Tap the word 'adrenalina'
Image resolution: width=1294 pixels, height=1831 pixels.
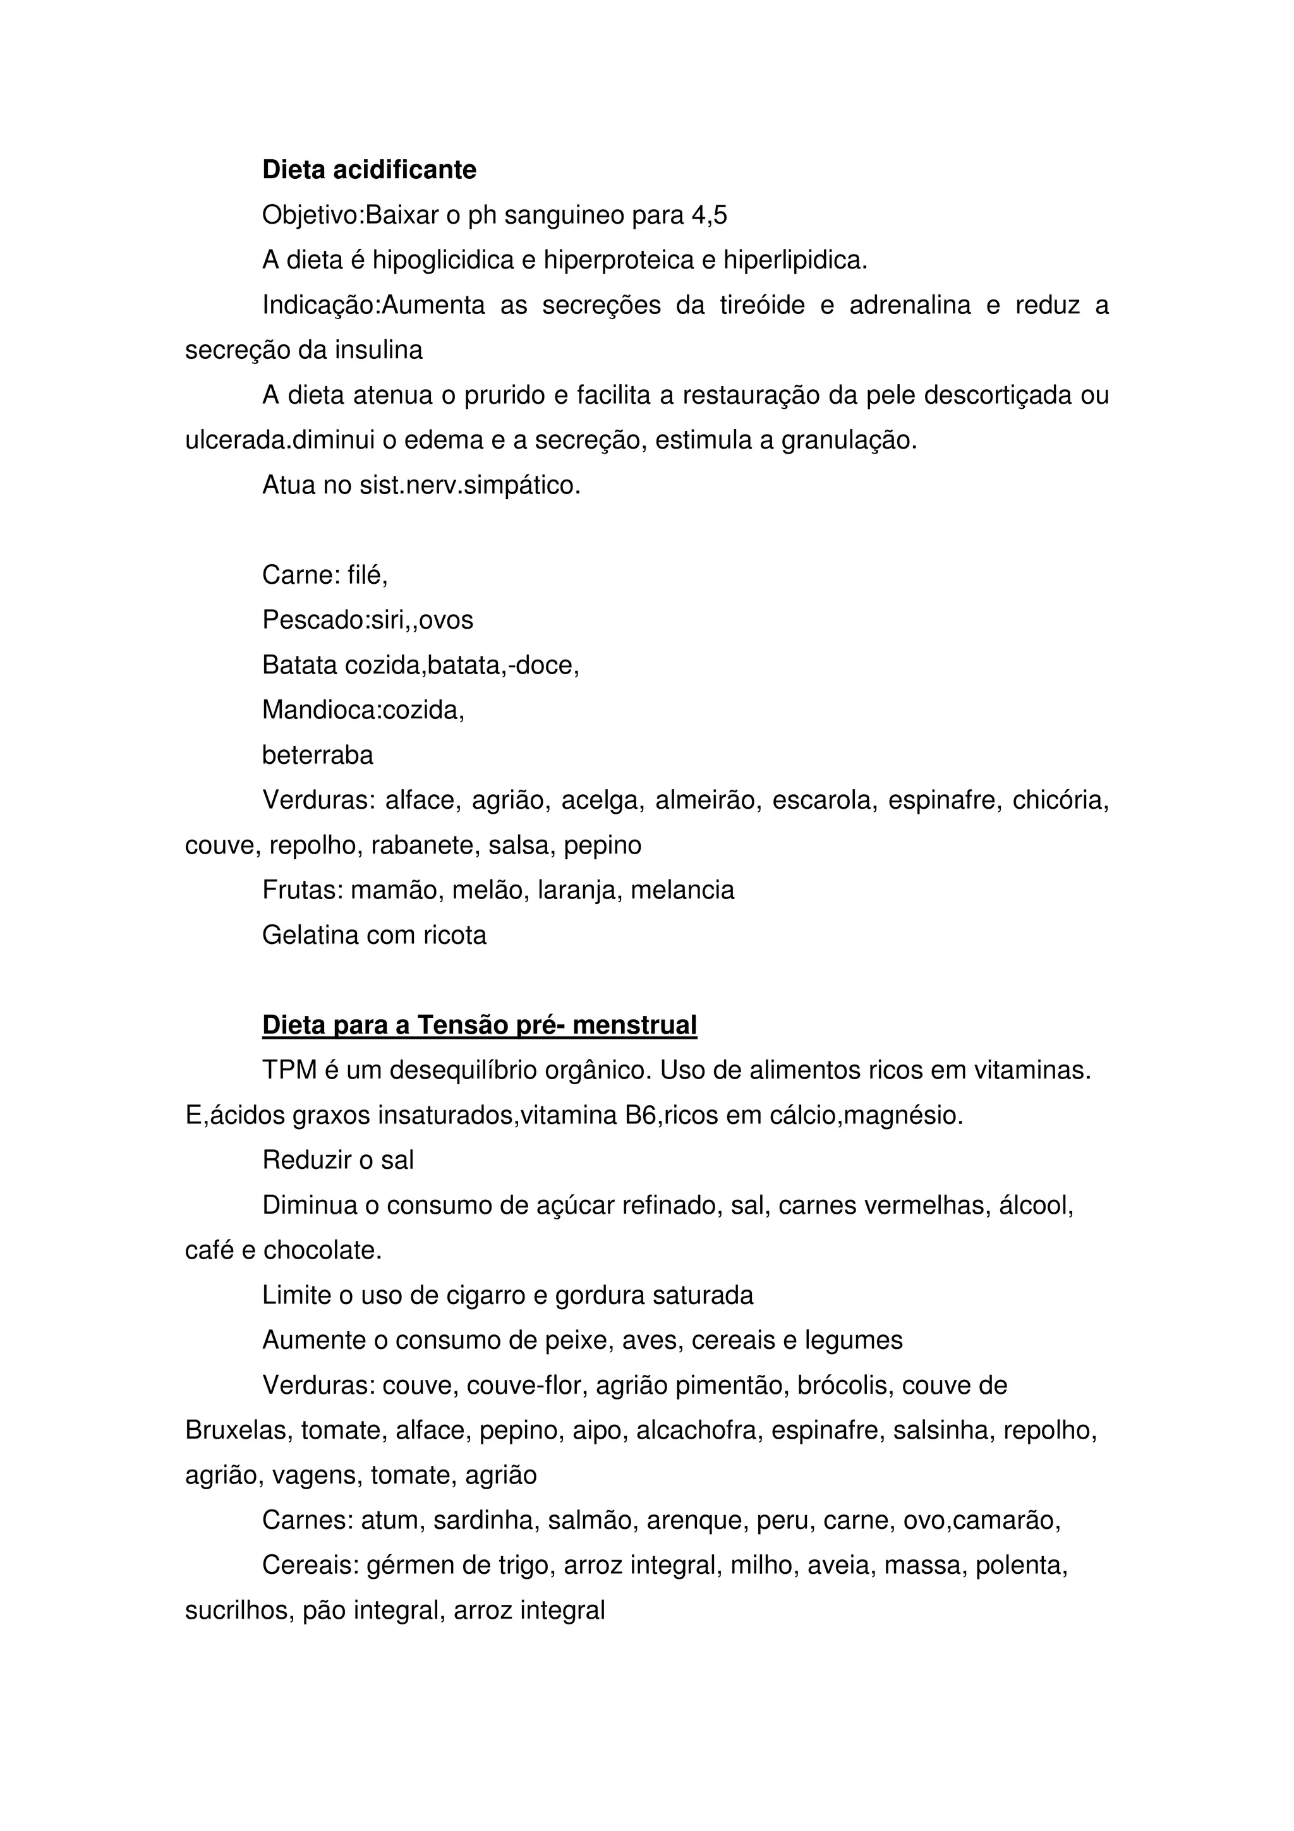(x=910, y=305)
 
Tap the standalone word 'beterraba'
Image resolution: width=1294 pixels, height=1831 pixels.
(x=317, y=755)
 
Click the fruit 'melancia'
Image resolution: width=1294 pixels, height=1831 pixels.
(x=682, y=890)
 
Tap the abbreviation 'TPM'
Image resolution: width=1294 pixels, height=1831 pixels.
(x=289, y=1070)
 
